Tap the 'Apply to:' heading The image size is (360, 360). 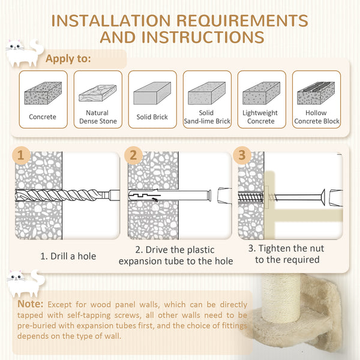68,59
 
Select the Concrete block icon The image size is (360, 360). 43,94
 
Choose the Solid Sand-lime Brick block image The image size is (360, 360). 206,95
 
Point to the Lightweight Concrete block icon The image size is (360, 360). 260,95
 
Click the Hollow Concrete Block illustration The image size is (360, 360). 316,95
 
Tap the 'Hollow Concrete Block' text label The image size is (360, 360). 316,117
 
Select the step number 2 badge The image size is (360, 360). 133,156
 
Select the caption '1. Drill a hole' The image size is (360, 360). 68,256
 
